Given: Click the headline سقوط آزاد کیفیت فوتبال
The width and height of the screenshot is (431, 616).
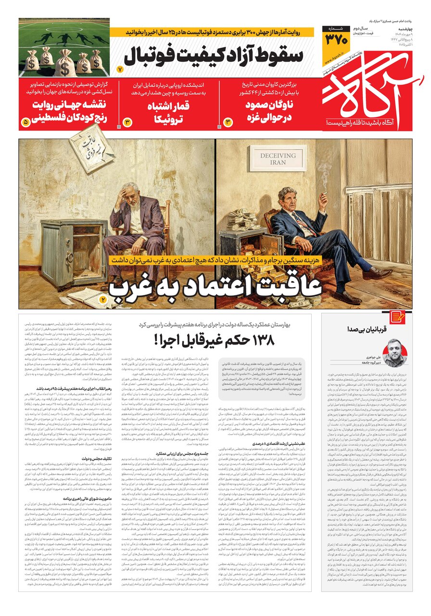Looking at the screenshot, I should point(214,56).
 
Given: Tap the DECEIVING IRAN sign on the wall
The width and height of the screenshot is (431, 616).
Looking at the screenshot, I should point(272,159).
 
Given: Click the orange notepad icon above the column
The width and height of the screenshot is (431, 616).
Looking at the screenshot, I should point(397,316).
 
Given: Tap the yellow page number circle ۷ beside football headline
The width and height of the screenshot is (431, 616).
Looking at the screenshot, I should point(121,70).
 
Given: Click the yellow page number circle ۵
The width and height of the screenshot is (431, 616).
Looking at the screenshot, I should point(25,123).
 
